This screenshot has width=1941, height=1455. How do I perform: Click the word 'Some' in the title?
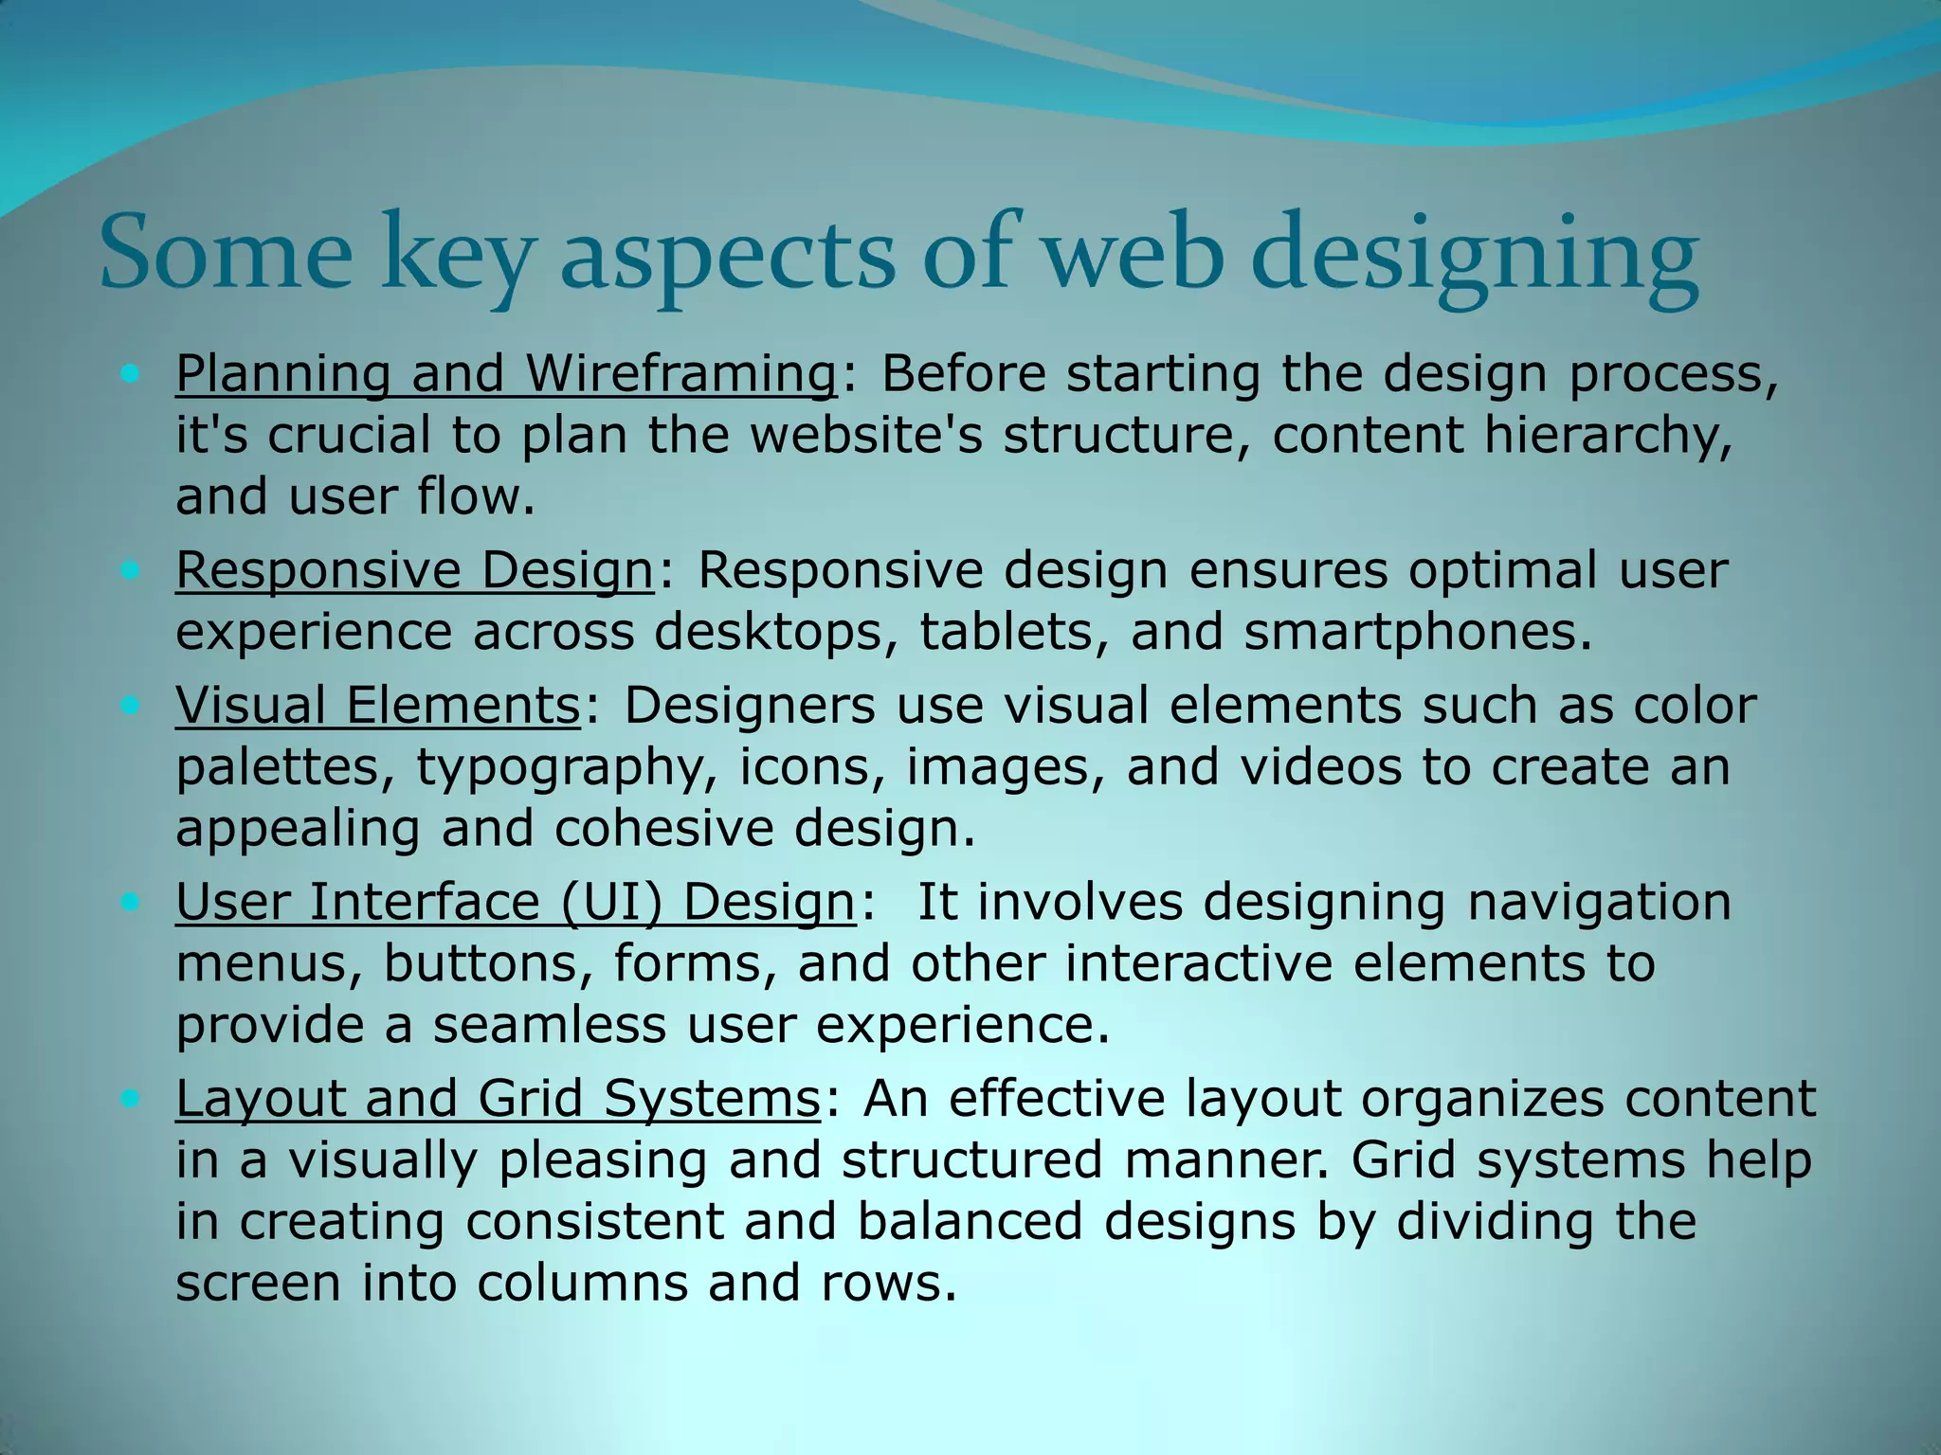click(x=226, y=254)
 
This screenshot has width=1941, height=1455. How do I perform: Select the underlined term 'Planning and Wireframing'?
click(x=506, y=373)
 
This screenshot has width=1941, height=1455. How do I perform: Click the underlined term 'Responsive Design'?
click(x=414, y=570)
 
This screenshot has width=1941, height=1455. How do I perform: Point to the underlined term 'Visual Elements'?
click(x=377, y=706)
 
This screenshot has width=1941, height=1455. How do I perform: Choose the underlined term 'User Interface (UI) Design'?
click(x=515, y=902)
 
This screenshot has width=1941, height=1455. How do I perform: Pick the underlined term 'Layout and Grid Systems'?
click(x=498, y=1099)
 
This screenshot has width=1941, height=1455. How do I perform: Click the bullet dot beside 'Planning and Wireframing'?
click(x=130, y=373)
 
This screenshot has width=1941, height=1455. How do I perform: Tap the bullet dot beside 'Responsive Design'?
click(x=130, y=570)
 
